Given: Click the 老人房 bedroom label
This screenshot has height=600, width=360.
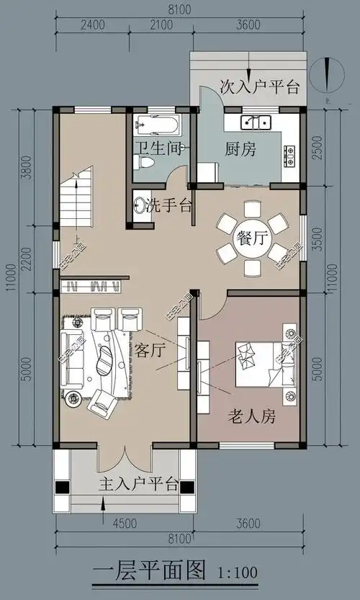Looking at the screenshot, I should click(252, 416).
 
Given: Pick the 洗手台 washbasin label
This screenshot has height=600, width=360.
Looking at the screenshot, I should click(168, 206).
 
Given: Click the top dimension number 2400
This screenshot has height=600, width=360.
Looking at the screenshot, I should click(93, 26).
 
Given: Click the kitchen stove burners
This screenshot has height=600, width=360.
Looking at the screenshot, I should click(289, 153).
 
